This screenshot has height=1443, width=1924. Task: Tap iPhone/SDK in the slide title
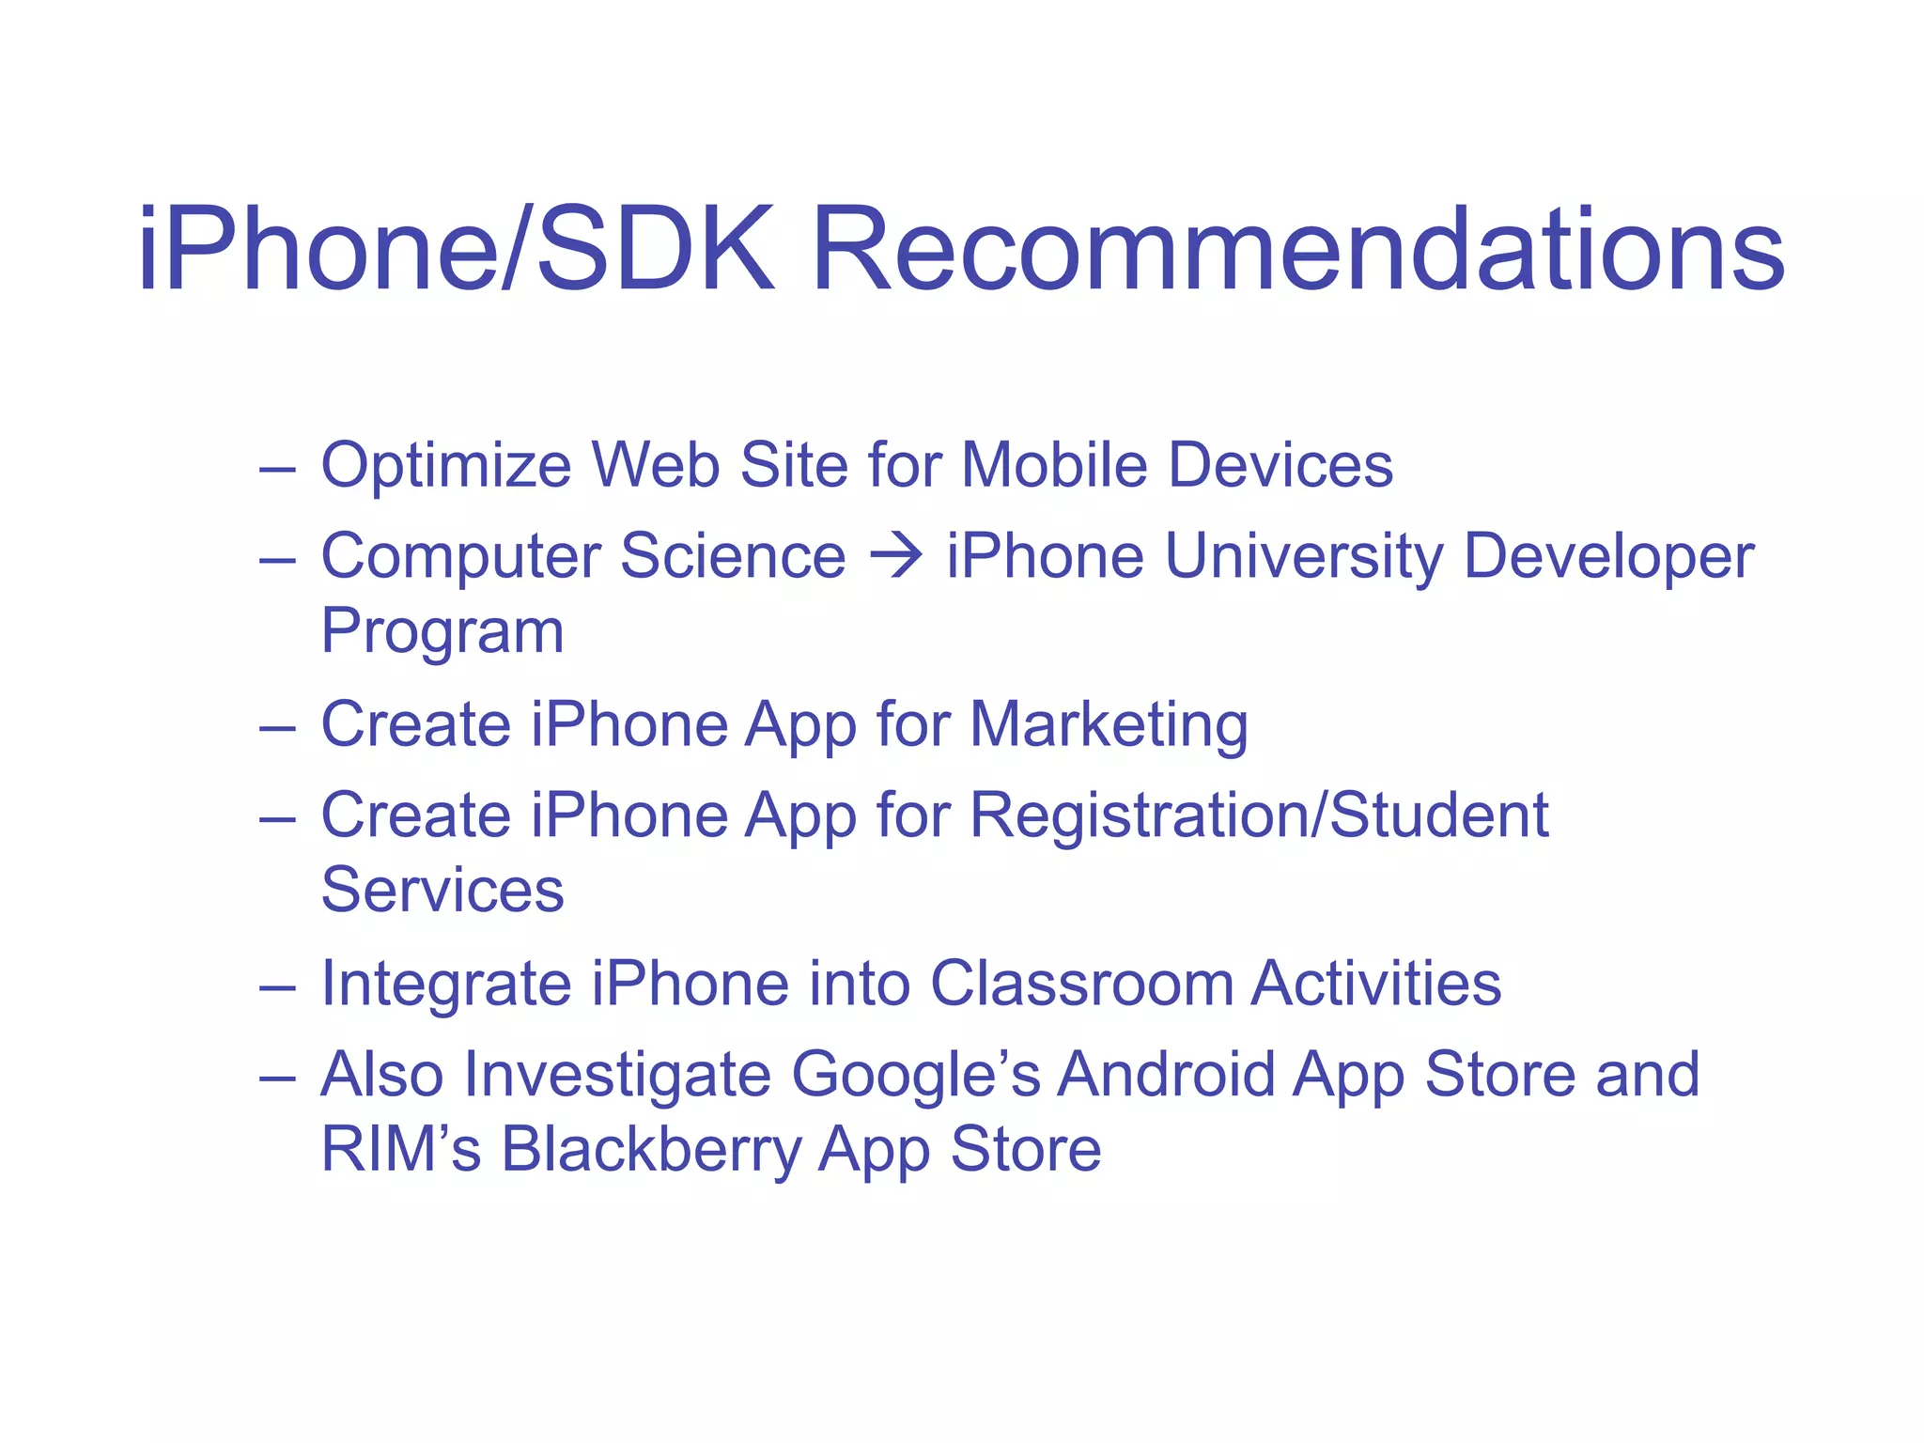[457, 252]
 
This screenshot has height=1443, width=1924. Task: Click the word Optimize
[445, 466]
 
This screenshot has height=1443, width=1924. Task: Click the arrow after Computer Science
[896, 556]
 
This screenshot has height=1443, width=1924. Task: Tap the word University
[1304, 556]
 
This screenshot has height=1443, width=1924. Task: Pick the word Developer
[1608, 556]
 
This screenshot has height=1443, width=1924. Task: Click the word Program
[442, 632]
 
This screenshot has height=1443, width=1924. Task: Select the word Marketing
[1109, 725]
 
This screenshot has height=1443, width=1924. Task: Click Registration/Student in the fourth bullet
[1259, 815]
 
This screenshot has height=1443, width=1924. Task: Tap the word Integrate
[445, 985]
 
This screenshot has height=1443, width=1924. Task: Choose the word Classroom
[1081, 984]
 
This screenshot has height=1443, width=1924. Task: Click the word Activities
[1376, 984]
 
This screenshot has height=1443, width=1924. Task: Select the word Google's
[915, 1074]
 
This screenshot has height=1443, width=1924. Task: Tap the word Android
[1165, 1074]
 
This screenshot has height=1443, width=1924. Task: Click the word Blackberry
[650, 1149]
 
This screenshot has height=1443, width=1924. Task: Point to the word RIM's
[401, 1149]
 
